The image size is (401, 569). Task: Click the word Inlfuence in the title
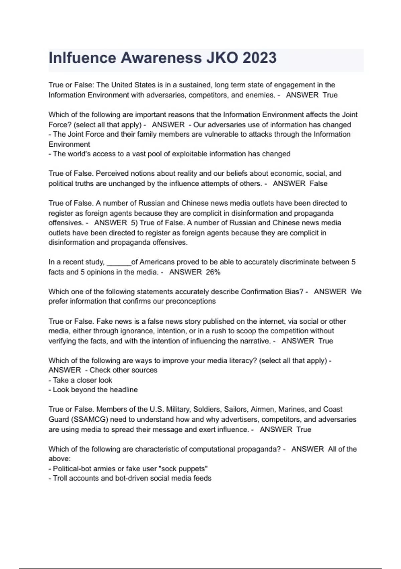click(x=82, y=58)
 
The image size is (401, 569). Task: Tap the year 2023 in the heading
click(x=260, y=58)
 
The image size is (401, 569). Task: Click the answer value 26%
click(x=213, y=272)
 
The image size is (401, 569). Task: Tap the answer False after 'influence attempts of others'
click(x=318, y=183)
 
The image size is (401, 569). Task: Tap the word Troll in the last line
click(x=60, y=478)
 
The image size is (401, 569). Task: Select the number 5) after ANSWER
click(x=134, y=223)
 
